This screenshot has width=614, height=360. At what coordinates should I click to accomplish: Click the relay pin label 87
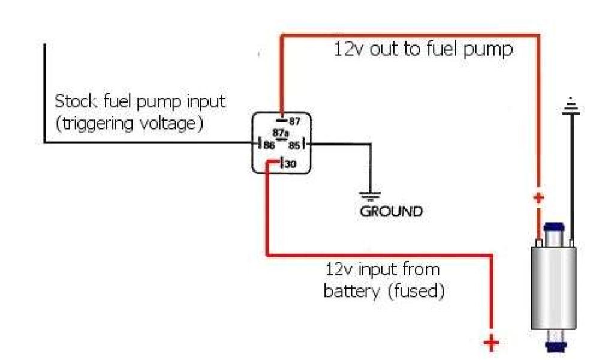pos(294,121)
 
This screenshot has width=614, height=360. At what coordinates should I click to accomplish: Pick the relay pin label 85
pos(294,145)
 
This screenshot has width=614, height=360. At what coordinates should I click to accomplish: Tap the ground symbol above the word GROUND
pos(370,195)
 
